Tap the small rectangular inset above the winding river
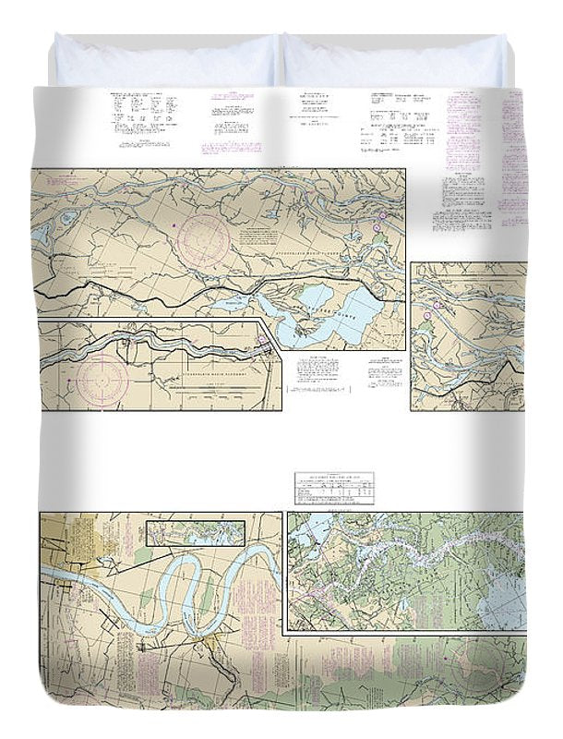197,532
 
